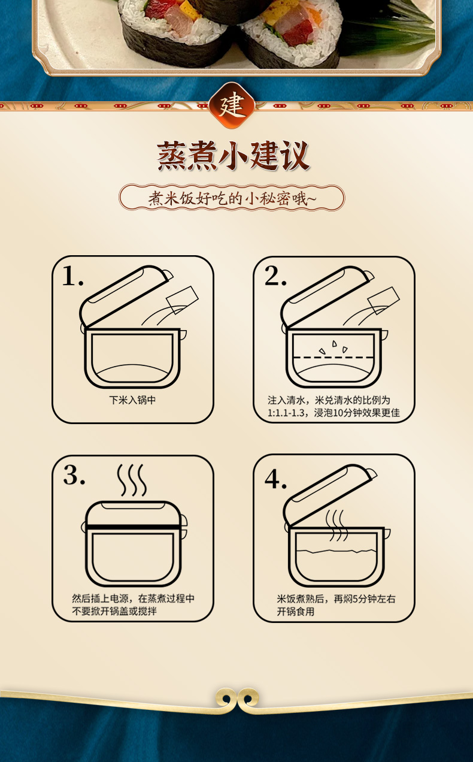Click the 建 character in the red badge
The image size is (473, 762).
coord(232,105)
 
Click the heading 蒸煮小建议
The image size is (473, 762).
coord(234,156)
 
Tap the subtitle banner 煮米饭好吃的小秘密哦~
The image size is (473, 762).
coord(232,198)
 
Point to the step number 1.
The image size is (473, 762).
coord(73,276)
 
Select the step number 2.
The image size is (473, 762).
coord(275,276)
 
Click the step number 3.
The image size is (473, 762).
coord(74,475)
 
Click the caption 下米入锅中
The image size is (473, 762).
coord(132,400)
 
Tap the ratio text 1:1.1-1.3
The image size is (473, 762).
coord(286,413)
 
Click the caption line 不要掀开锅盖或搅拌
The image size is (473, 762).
coord(114,611)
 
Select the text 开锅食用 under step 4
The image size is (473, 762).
coord(295,612)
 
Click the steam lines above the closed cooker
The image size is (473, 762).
coord(132,480)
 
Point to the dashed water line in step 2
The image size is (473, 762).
coord(333,358)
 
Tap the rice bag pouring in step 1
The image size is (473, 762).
coord(182,300)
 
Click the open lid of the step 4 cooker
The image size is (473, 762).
coord(329,492)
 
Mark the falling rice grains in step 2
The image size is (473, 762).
coord(333,347)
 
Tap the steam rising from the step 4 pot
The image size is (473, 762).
coord(336,525)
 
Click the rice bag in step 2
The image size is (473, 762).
coord(384,301)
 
